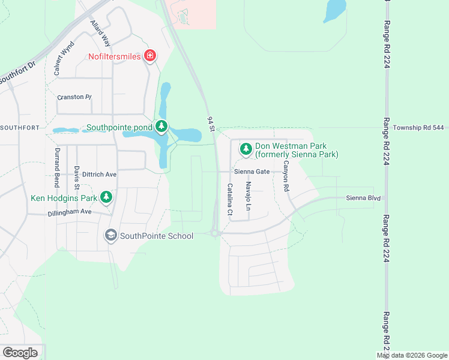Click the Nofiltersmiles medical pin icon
tap(150, 56)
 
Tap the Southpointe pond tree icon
tap(161, 127)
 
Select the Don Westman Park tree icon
tap(246, 148)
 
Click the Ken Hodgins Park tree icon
tap(106, 197)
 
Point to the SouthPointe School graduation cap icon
tap(110, 235)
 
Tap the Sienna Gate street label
tap(252, 171)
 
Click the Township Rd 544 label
tap(418, 128)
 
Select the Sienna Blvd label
tap(363, 198)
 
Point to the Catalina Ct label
tap(229, 199)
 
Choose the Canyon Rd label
tap(286, 176)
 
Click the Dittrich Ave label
tap(91, 174)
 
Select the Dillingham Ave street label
tap(70, 212)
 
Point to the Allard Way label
tap(100, 32)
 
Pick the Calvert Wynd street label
tap(64, 58)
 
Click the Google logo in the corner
tap(20, 353)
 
